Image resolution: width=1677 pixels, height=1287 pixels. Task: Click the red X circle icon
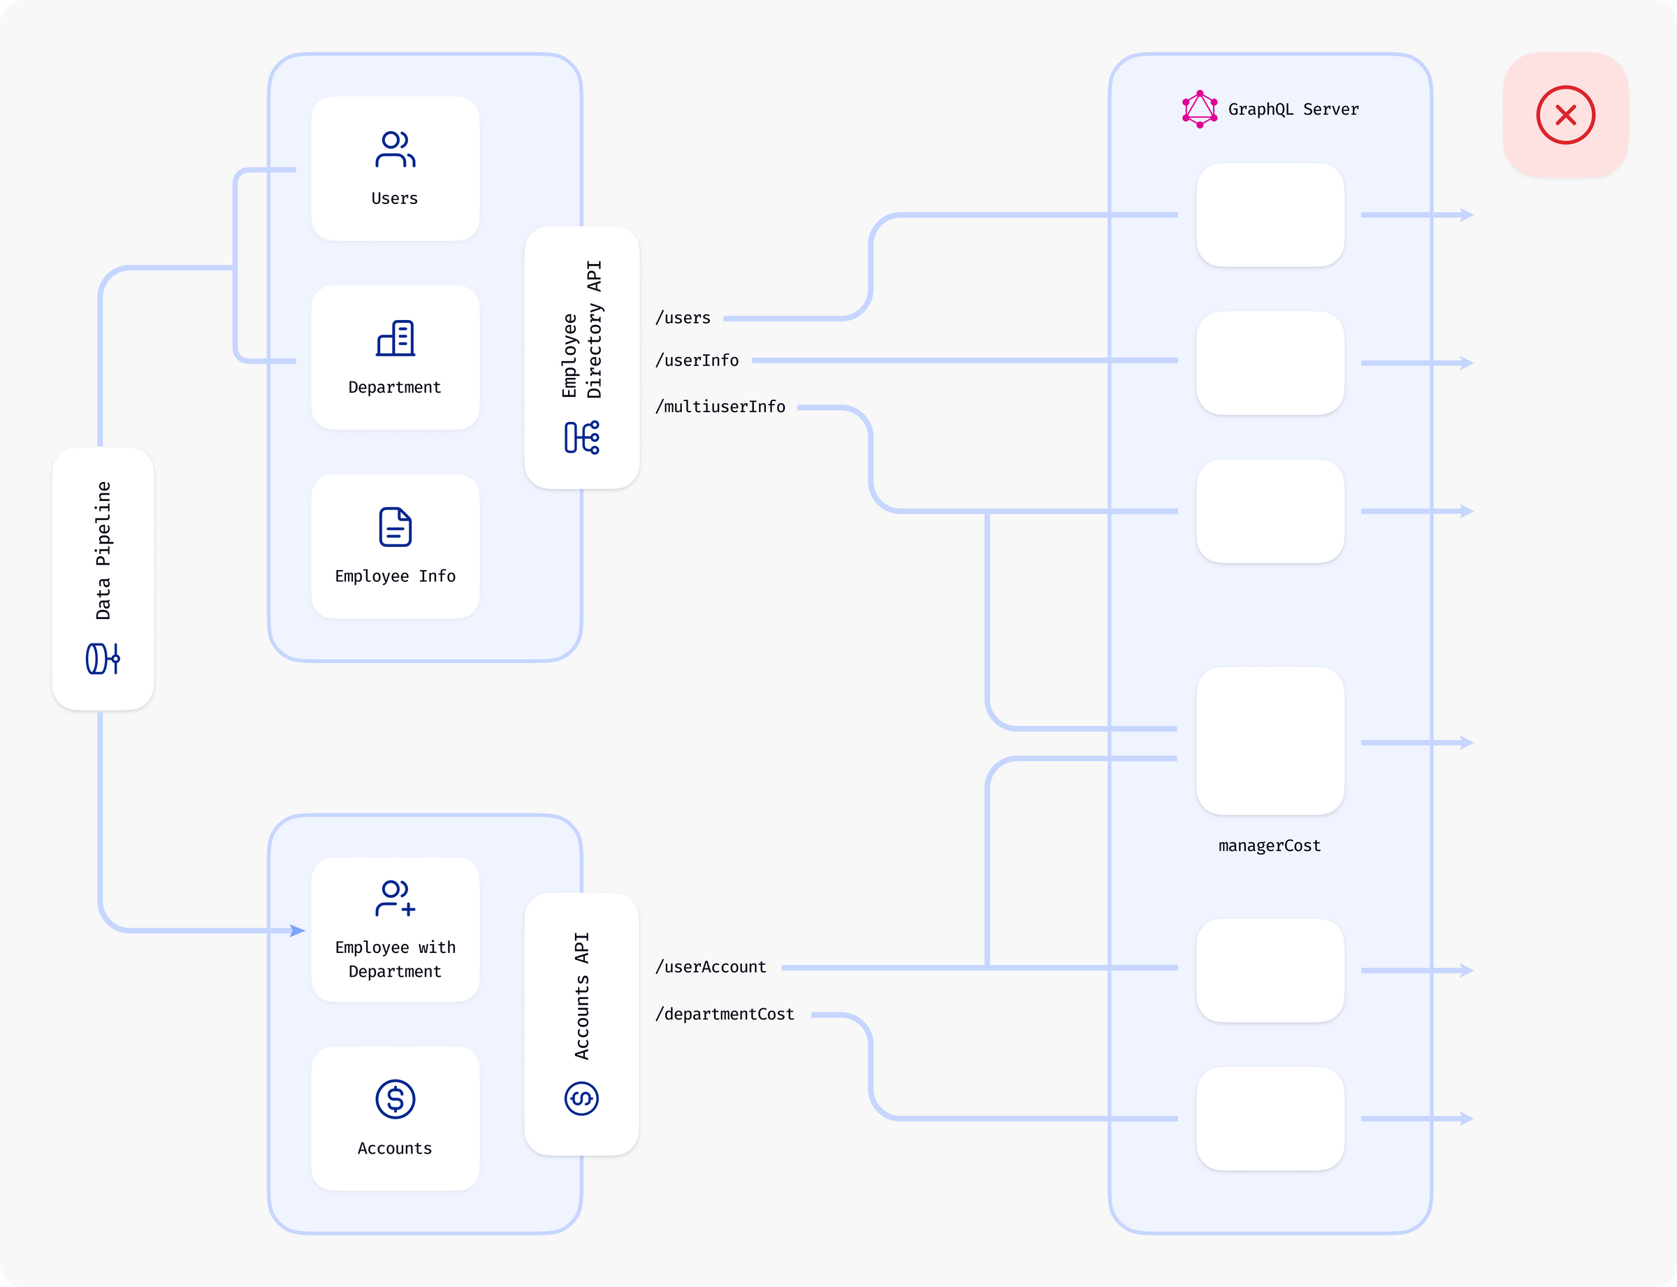tap(1565, 115)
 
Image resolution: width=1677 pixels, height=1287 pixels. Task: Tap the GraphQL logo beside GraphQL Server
tap(1199, 109)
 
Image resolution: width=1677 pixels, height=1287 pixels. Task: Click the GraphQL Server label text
tap(1293, 110)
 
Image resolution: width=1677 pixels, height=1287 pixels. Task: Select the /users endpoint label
tap(683, 318)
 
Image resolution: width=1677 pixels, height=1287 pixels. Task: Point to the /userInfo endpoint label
tap(697, 360)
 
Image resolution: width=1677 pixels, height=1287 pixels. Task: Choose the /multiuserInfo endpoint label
tap(720, 407)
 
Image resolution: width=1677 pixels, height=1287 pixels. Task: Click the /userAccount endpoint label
tap(710, 967)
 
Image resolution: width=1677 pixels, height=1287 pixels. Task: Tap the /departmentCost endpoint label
tap(724, 1015)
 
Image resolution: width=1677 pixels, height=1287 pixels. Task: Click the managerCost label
tap(1270, 845)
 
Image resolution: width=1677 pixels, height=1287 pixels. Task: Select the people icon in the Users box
tap(395, 150)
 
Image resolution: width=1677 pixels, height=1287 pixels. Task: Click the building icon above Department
tap(395, 338)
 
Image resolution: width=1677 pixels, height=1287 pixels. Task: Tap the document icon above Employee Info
tap(395, 527)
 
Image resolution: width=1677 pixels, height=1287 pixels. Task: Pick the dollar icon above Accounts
tap(395, 1099)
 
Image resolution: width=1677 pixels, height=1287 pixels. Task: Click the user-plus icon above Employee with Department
tap(395, 898)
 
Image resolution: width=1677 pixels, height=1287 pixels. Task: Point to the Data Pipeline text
tap(103, 550)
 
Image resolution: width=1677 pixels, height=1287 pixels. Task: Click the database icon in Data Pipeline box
tap(103, 659)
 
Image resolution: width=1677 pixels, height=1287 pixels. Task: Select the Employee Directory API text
tap(581, 329)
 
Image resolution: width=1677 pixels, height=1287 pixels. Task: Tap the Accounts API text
tap(581, 996)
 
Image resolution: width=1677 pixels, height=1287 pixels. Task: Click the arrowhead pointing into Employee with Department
tap(298, 931)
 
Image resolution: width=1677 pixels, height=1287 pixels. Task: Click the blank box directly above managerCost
tap(1270, 741)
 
